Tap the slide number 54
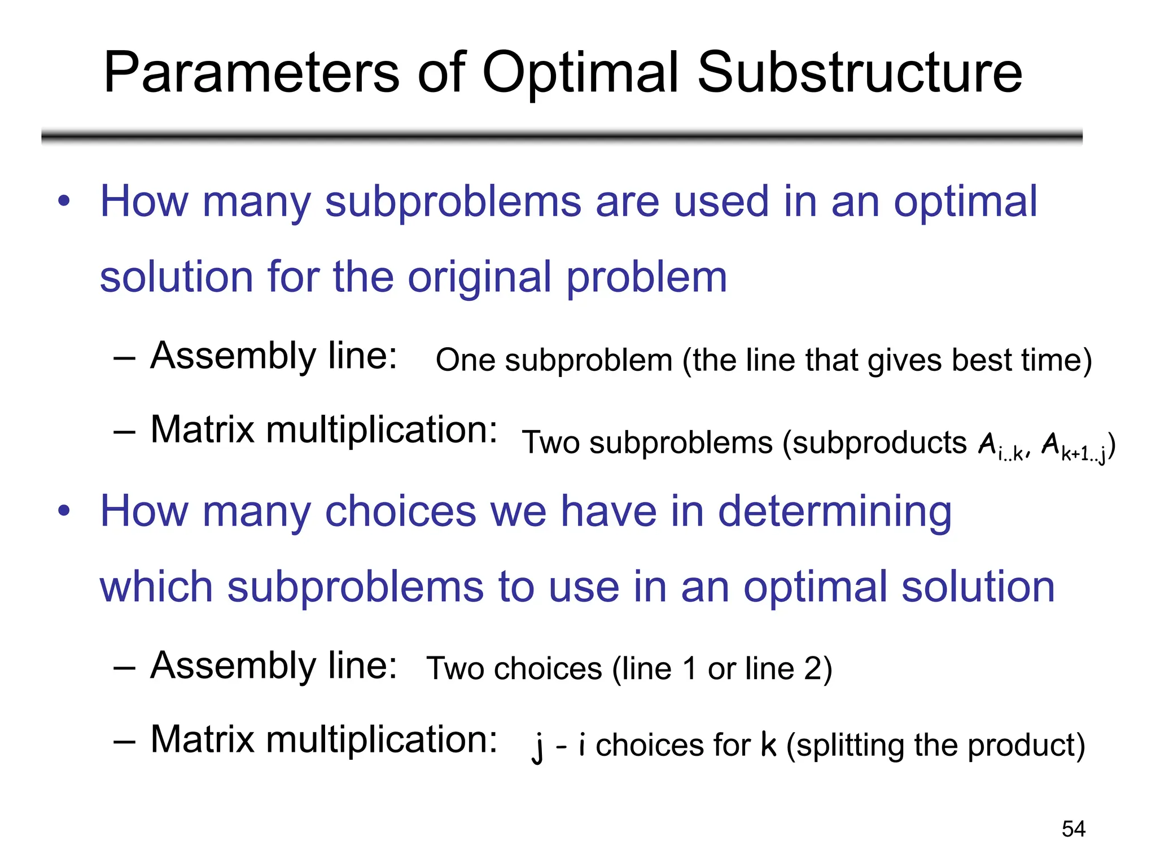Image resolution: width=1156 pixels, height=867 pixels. coord(1073,829)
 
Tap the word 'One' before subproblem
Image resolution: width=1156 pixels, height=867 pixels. coord(465,360)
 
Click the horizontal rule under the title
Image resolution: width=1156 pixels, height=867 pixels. coord(562,136)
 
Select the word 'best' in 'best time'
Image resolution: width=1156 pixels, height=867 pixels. coord(982,360)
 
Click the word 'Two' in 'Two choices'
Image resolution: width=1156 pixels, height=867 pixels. coord(454,669)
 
